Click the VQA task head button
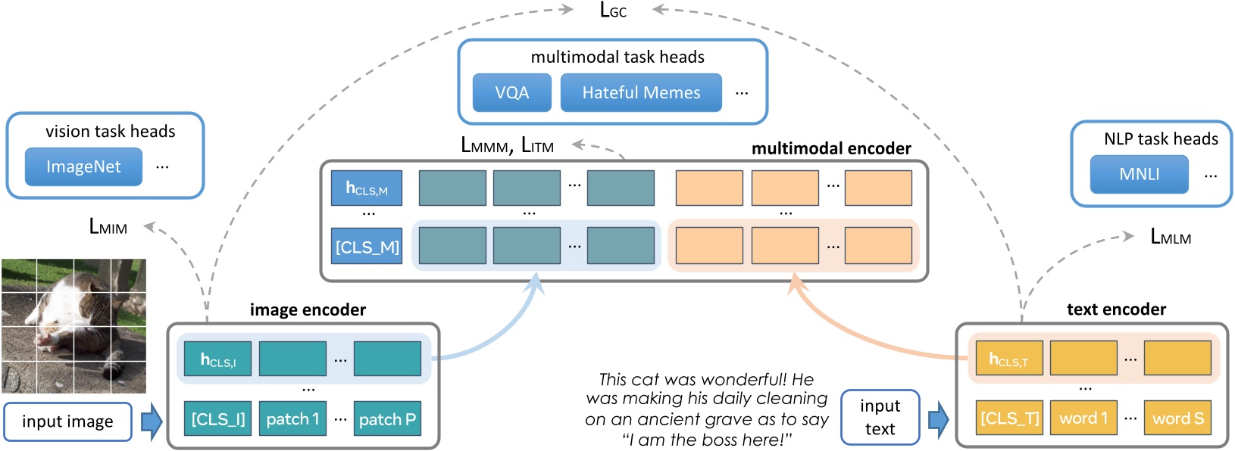point(511,92)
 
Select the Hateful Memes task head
point(641,92)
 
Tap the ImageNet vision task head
point(83,166)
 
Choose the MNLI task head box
point(1139,174)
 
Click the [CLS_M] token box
point(367,247)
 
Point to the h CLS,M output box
point(367,188)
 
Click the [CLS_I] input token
point(218,418)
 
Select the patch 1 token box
point(292,418)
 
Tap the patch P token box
point(387,418)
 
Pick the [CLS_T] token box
point(1009,418)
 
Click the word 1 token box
point(1083,418)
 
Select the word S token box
point(1177,418)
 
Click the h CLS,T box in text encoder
point(1009,359)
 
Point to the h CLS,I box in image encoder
point(218,359)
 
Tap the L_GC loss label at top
point(612,11)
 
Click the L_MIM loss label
point(108,226)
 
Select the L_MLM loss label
point(1170,237)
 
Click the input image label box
point(67,421)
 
